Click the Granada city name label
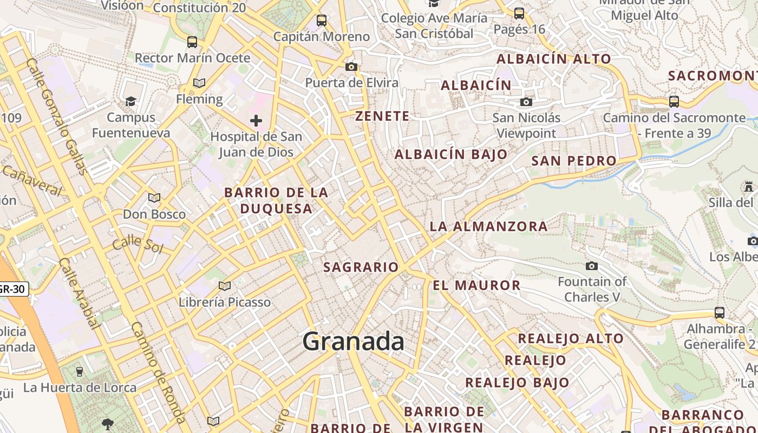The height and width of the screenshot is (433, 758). (353, 342)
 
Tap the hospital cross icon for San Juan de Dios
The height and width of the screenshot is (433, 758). (256, 121)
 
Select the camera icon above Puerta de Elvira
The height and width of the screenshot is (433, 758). (351, 67)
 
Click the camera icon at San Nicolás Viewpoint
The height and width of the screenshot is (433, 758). (526, 102)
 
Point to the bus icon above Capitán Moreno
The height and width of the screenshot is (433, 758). (322, 21)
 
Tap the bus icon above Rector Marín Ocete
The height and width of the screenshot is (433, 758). (192, 42)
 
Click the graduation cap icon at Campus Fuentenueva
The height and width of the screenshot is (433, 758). (130, 101)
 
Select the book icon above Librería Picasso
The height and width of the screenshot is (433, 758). (224, 286)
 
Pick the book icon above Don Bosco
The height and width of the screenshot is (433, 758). (154, 198)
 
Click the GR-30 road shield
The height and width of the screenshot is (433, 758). (12, 289)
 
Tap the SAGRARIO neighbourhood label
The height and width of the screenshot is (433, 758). (361, 267)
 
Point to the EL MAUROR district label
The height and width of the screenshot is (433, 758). (476, 285)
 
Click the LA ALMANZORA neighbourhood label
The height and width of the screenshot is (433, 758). (488, 226)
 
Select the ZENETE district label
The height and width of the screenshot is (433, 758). (382, 116)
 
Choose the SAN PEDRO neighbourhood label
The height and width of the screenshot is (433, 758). (573, 161)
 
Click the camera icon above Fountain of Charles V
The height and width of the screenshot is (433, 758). (592, 266)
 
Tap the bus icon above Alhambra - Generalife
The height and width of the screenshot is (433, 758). (719, 312)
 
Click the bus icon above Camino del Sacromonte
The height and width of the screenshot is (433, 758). (674, 101)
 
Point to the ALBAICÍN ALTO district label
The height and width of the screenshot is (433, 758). (553, 58)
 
